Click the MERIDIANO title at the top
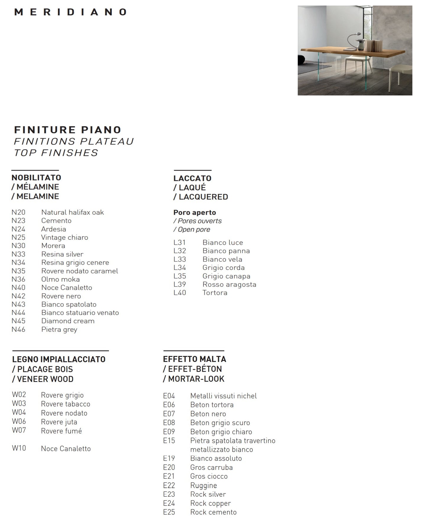(x=71, y=12)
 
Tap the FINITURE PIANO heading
(x=68, y=130)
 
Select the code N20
(x=18, y=212)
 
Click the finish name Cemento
(x=56, y=221)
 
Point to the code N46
(x=18, y=329)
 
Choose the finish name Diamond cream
(x=68, y=321)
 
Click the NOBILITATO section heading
(x=36, y=178)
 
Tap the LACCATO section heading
(x=192, y=178)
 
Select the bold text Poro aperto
(x=194, y=213)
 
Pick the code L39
(x=180, y=284)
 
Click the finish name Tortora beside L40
(x=215, y=293)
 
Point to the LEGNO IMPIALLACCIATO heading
(x=59, y=359)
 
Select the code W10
(x=19, y=448)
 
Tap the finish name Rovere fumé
(x=61, y=431)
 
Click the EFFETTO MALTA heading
(x=194, y=359)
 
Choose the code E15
(x=169, y=440)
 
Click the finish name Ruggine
(x=203, y=485)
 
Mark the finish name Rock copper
(x=210, y=503)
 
